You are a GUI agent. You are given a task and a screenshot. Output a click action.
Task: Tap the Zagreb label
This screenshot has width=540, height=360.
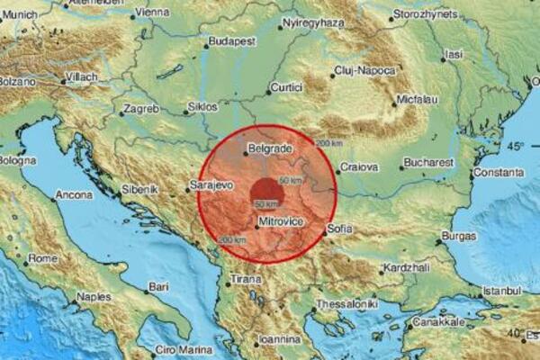pyautogui.click(x=140, y=110)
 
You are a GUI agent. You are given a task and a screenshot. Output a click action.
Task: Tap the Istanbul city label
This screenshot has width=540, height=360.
pyautogui.click(x=499, y=292)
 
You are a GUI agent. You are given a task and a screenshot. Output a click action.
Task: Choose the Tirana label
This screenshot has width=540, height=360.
pyautogui.click(x=244, y=279)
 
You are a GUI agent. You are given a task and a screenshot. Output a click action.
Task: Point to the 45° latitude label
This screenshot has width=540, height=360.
pyautogui.click(x=515, y=146)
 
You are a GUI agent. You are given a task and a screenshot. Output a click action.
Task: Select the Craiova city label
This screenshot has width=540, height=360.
pyautogui.click(x=358, y=167)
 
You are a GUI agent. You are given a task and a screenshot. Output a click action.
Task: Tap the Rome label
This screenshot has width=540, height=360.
pyautogui.click(x=42, y=259)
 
